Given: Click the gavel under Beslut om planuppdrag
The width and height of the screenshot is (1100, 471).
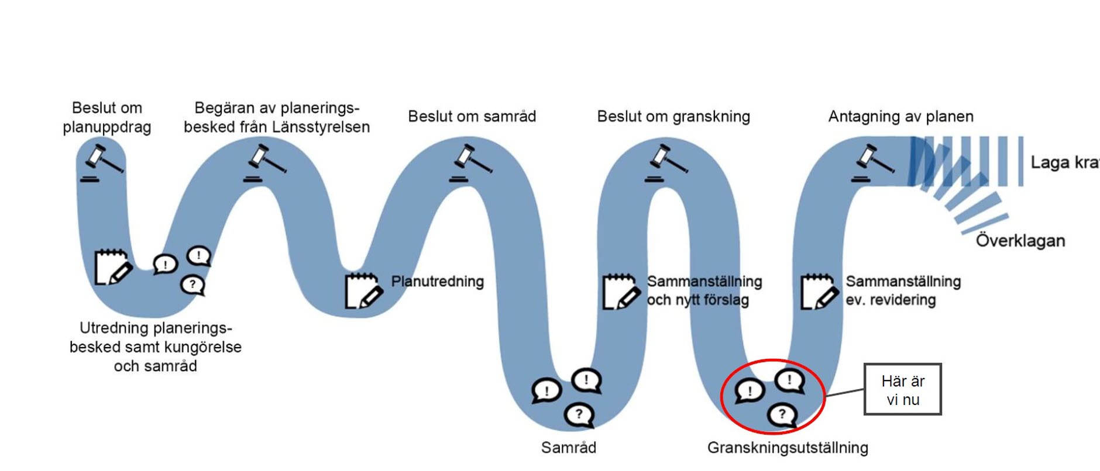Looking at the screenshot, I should click(103, 163).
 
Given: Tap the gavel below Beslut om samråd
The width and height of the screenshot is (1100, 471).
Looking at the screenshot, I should click(472, 163).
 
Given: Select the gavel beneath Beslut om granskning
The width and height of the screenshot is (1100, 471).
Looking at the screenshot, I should click(668, 163).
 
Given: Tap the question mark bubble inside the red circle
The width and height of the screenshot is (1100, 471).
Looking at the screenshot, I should click(782, 415).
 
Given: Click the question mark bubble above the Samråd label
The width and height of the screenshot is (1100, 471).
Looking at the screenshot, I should click(579, 415).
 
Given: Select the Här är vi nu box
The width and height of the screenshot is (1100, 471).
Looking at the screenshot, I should click(902, 390).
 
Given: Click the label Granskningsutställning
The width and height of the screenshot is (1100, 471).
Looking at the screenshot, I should click(788, 448).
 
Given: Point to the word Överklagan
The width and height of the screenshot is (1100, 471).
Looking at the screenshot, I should click(1020, 241).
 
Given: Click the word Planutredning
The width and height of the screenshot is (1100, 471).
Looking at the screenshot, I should click(437, 282).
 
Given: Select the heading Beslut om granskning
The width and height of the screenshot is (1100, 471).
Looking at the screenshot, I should click(673, 116).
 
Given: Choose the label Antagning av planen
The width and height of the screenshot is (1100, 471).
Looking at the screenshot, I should click(900, 116).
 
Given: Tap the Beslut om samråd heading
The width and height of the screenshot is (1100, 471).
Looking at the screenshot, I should click(472, 116).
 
